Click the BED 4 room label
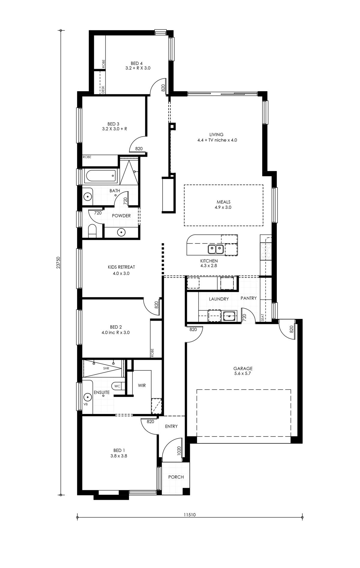coord(137,64)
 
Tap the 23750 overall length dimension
coord(59,262)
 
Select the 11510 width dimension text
coord(190,514)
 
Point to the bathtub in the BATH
coord(100,176)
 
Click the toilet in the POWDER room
coord(92,231)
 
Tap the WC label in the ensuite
coord(117,386)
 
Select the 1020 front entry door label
coord(179,451)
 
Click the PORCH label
coord(176,477)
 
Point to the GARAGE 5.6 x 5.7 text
coord(243,371)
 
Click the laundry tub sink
coord(229,316)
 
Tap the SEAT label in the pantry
coord(263,317)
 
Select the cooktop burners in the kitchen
coord(266,251)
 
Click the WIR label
coord(142,385)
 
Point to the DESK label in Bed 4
coord(103,89)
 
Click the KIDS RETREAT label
coord(121,267)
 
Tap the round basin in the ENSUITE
coord(87,397)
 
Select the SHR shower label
coord(106,368)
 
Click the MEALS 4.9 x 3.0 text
coord(223,205)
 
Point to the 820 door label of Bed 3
coord(139,149)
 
